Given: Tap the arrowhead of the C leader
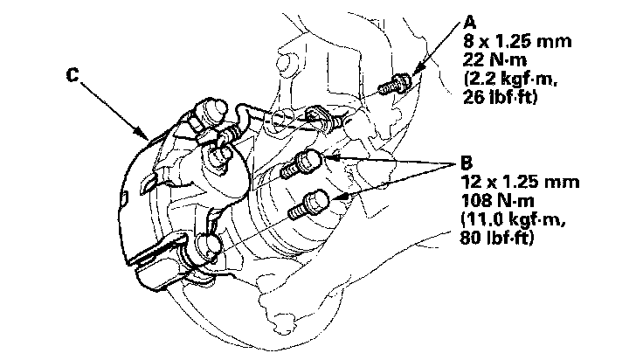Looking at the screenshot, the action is pos(145,136).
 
